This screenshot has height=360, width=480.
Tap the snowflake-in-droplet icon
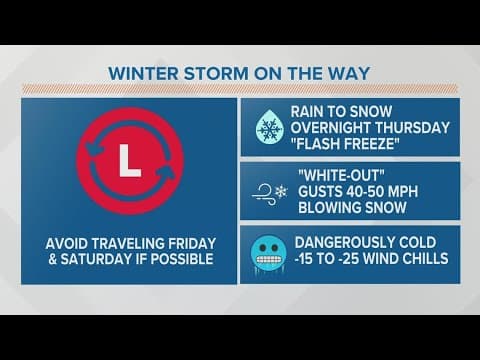pos(268,128)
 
